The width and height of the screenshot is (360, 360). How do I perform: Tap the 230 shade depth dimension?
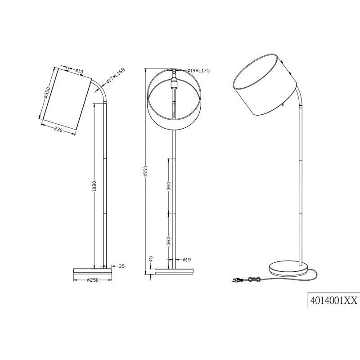58,129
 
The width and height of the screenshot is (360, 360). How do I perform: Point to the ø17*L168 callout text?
115,76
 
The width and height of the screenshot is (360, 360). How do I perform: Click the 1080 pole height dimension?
94,186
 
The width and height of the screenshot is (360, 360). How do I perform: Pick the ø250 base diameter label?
93,280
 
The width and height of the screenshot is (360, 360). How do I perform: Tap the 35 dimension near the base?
121,266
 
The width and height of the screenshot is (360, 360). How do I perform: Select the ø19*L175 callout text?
198,71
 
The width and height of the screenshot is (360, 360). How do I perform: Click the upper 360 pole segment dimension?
169,186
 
